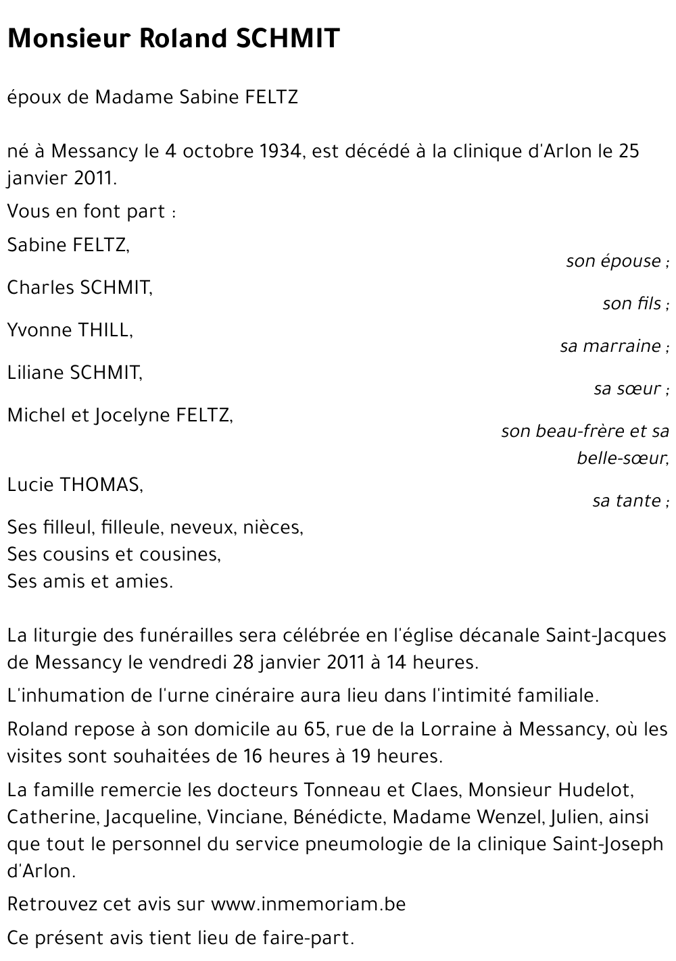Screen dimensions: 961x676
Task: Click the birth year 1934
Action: pyautogui.click(x=280, y=151)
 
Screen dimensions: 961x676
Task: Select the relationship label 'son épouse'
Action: pyautogui.click(x=613, y=261)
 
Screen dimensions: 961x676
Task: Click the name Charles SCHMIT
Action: pyautogui.click(x=80, y=288)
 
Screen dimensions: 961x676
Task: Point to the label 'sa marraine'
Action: pyautogui.click(x=610, y=346)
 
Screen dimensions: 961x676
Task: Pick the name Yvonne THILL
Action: pyautogui.click(x=70, y=330)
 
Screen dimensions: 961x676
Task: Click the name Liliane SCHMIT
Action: pyautogui.click(x=74, y=373)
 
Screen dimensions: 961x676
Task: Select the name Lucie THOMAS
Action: pyautogui.click(x=75, y=485)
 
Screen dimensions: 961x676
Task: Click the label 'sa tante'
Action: pyautogui.click(x=627, y=501)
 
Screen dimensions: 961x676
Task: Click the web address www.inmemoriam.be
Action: pyautogui.click(x=308, y=904)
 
